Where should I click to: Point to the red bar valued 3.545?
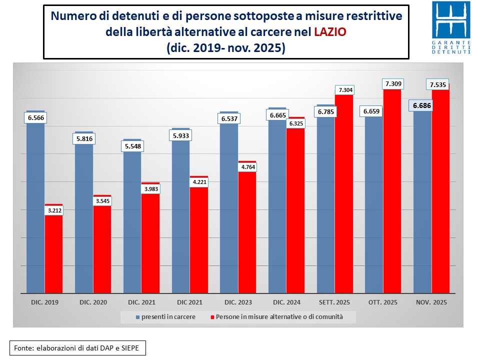pyautogui.click(x=102, y=250)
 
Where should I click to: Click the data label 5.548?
pyautogui.click(x=132, y=146)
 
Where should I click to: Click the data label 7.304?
pyautogui.click(x=344, y=90)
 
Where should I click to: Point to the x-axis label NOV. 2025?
pyautogui.click(x=432, y=302)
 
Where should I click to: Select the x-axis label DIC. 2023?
pyautogui.click(x=238, y=302)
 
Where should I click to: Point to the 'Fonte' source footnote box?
pyautogui.click(x=77, y=347)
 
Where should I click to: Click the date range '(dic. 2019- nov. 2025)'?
pyautogui.click(x=225, y=48)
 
